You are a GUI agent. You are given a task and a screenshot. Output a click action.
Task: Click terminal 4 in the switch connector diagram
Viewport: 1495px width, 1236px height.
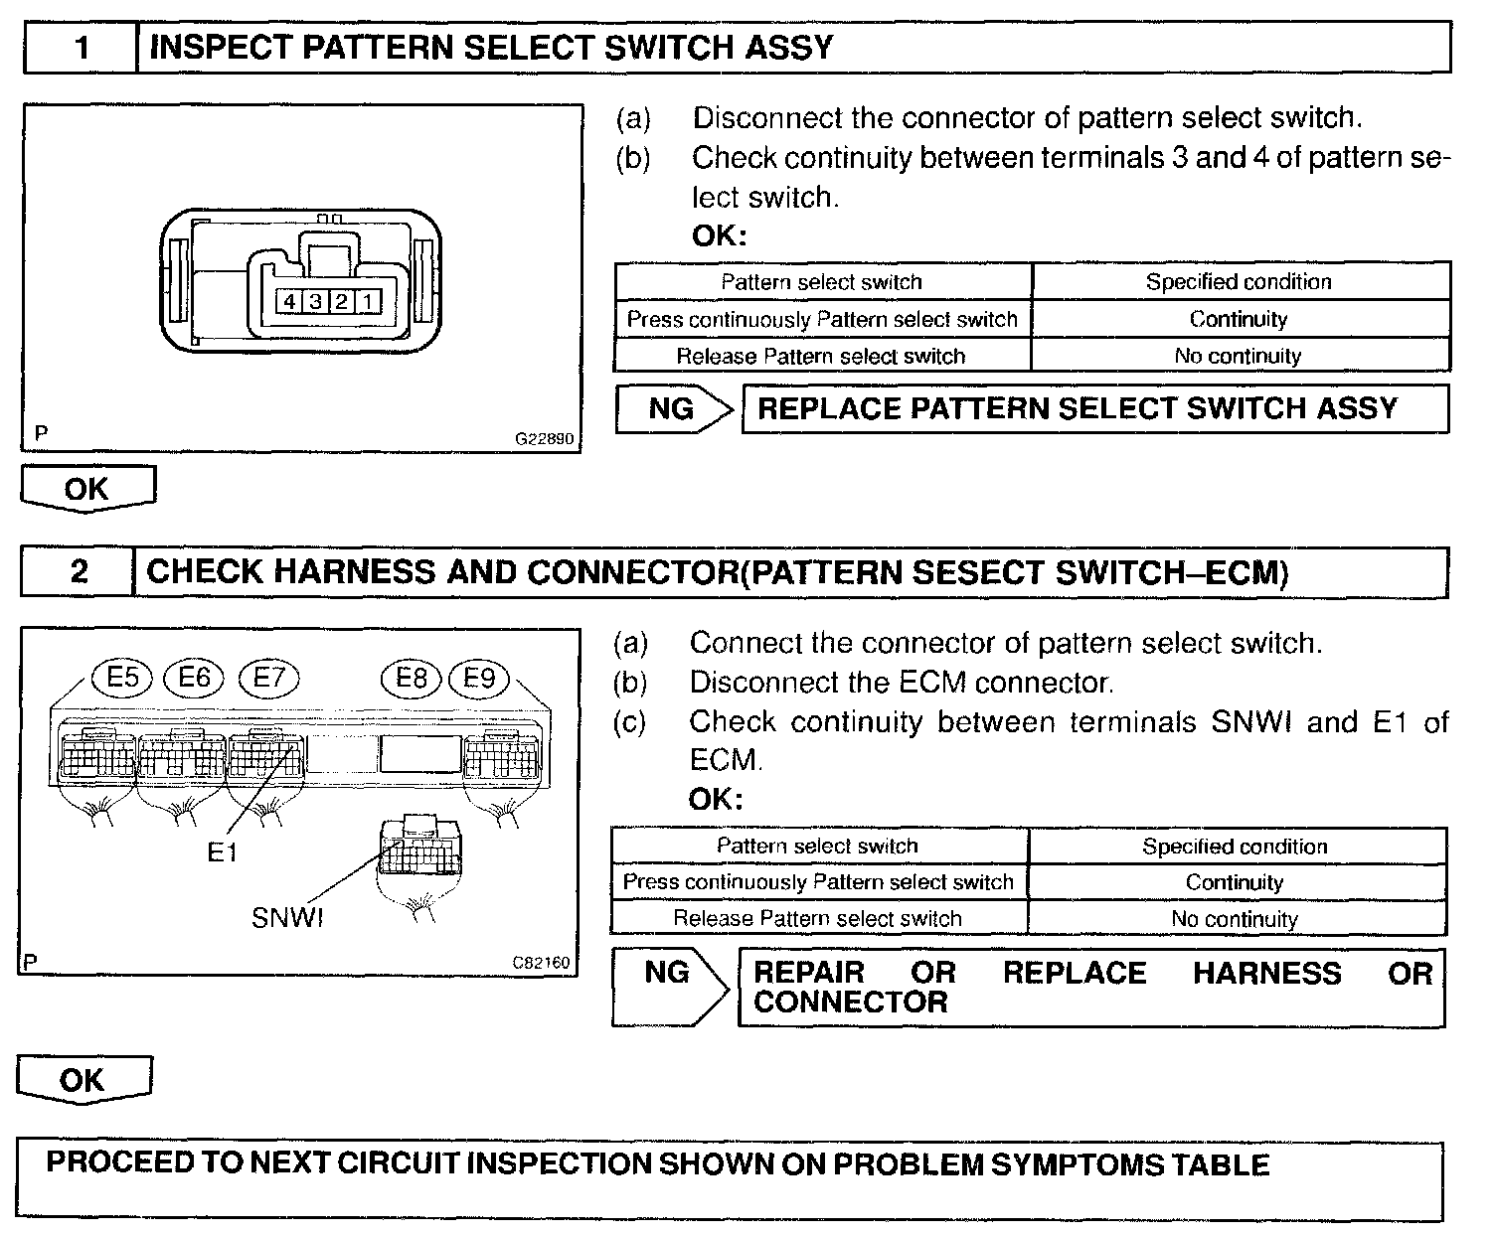click(289, 301)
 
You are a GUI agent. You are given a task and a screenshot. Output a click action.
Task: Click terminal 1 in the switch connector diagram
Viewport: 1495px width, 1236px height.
click(367, 301)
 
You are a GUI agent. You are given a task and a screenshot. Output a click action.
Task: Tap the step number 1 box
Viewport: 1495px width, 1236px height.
click(81, 48)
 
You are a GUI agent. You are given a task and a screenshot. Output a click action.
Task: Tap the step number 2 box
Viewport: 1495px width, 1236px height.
click(78, 571)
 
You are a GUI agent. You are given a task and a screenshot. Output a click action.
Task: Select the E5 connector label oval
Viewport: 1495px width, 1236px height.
click(122, 678)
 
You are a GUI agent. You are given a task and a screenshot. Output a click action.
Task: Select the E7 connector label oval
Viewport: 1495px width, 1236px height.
click(268, 678)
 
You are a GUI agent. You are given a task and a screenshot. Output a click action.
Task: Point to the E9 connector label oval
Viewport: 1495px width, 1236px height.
click(479, 678)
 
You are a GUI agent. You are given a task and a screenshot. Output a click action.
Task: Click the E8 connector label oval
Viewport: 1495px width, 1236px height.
click(411, 678)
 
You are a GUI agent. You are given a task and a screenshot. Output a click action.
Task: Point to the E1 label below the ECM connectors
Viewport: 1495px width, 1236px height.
click(223, 852)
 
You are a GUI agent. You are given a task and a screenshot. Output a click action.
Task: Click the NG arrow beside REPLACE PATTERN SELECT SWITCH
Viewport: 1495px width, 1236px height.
click(674, 408)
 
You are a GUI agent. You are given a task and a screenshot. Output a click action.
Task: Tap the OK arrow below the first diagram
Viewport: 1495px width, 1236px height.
click(87, 489)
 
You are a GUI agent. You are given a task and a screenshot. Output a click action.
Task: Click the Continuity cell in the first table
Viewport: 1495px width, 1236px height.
click(1239, 319)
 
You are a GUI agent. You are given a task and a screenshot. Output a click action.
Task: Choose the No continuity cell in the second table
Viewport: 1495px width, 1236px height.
click(1235, 919)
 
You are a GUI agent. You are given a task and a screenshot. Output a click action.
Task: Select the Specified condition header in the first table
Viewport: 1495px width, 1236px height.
click(1239, 281)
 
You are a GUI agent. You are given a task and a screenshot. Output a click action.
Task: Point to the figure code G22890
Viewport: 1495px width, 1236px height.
click(544, 438)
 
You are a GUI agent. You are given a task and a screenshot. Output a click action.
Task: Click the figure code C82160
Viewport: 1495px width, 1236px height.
click(542, 962)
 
